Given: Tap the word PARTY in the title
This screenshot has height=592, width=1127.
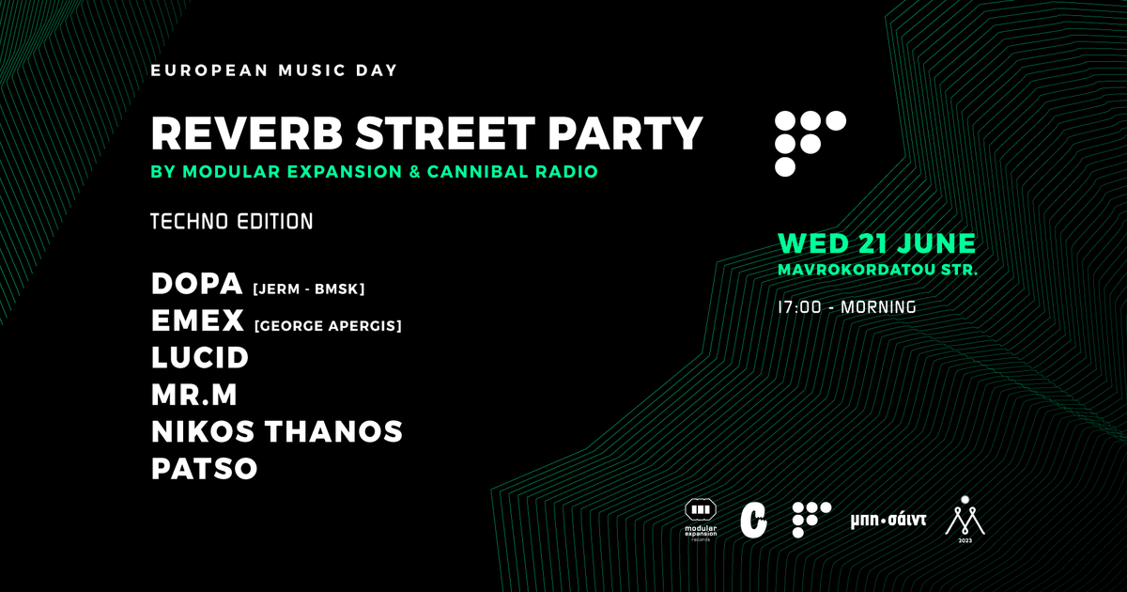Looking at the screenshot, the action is coord(625,133).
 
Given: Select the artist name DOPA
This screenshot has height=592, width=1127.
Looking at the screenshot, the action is coord(196,284).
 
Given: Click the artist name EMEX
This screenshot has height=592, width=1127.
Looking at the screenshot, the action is coord(197,320).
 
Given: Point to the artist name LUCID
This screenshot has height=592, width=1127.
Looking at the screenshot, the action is coord(200,357).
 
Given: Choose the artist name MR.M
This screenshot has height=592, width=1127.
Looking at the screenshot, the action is coord(193,395).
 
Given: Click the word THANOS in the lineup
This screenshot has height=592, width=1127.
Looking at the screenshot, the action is coord(333,431).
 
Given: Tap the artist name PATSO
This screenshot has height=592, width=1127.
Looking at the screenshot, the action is coord(205,469).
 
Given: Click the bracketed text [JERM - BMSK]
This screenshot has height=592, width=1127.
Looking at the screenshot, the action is coord(309,289).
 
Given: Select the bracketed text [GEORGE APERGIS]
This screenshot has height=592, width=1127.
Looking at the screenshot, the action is coord(328,326).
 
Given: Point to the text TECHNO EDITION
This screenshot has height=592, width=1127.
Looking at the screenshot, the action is coord(232,222).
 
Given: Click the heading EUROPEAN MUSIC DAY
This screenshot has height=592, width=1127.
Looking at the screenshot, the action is coord(274,70).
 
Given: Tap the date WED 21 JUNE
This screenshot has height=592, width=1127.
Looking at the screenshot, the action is coord(877,243).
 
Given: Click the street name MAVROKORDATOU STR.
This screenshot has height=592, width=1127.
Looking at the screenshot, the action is coord(878,270).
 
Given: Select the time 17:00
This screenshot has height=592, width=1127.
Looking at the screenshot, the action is coord(799,307).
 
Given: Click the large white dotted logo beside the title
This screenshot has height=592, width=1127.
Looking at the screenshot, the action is coord(810,144).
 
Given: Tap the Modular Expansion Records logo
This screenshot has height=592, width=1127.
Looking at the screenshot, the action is coord(701,520).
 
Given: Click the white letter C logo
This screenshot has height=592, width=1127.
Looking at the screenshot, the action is coord(753,520).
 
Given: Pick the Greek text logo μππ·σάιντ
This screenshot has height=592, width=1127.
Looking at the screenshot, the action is coord(888,520).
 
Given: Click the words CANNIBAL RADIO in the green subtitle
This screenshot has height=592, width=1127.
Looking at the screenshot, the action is coord(512,172).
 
